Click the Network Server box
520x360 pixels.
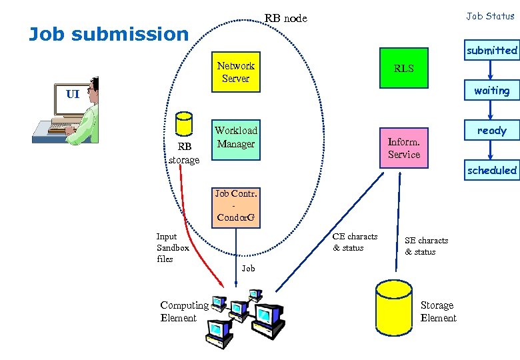click(235, 72)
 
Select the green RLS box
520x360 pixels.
click(403, 68)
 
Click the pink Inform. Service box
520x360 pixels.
click(404, 147)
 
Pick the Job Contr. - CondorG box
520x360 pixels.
click(235, 207)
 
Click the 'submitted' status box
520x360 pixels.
click(491, 50)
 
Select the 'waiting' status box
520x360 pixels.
click(491, 91)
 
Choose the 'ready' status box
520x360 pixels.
click(491, 131)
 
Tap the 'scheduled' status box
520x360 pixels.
click(491, 170)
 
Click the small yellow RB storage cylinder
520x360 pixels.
click(183, 125)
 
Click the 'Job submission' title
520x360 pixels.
click(109, 34)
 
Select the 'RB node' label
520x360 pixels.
click(285, 18)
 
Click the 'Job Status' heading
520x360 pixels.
click(490, 16)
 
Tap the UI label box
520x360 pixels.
click(72, 94)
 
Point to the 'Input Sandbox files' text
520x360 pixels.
click(172, 247)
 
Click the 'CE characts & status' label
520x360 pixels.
click(355, 242)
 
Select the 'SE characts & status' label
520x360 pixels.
click(426, 246)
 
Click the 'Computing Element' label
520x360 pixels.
click(184, 311)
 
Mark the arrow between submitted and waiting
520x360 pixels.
click(491, 70)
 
